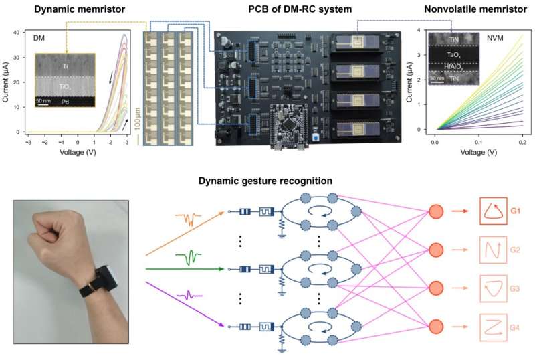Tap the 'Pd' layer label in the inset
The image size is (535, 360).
click(x=66, y=101)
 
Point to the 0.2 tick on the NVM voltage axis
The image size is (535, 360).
click(x=522, y=143)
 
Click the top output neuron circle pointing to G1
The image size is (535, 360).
click(x=435, y=213)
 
